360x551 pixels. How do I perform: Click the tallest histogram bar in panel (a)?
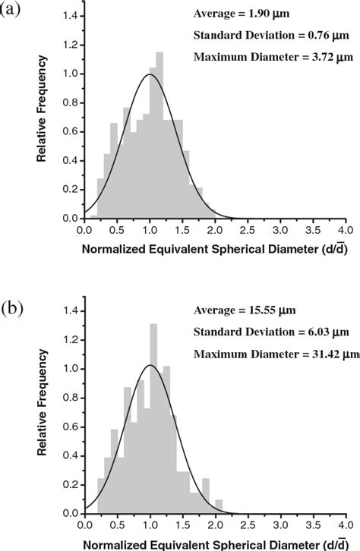click(159, 137)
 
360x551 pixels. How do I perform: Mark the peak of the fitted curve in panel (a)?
click(149, 74)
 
